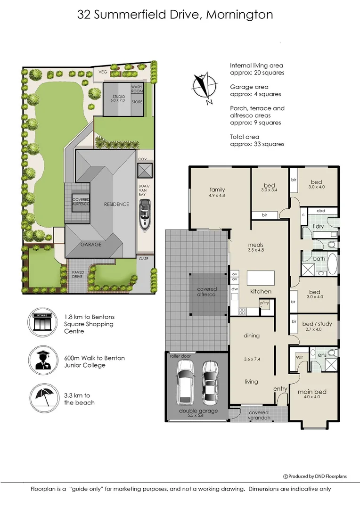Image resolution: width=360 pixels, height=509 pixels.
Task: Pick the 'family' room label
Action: click(x=217, y=190)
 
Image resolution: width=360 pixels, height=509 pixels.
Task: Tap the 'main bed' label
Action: click(x=312, y=392)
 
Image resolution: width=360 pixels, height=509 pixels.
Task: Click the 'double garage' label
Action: click(x=198, y=411)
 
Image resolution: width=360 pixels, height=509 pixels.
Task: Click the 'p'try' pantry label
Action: click(x=264, y=303)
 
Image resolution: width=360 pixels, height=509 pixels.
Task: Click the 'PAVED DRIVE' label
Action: click(x=78, y=274)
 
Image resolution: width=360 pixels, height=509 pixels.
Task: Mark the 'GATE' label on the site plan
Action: click(x=143, y=259)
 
